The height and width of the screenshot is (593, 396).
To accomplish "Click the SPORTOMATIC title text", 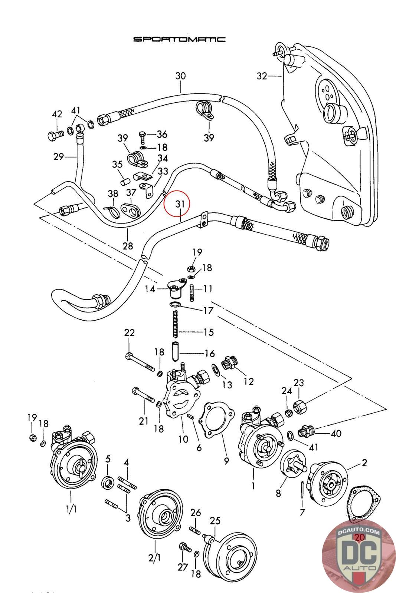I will [179, 39].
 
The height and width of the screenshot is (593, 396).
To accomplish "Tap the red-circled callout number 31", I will [180, 204].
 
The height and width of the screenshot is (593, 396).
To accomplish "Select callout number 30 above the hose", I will [180, 76].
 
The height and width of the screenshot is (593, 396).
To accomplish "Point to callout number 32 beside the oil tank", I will [262, 76].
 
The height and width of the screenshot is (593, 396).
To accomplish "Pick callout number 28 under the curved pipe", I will [128, 246].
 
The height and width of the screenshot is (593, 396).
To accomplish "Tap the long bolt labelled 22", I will [140, 362].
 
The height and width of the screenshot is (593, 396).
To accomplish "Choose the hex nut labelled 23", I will [300, 407].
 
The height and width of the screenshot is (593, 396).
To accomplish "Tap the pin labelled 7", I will [304, 489].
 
